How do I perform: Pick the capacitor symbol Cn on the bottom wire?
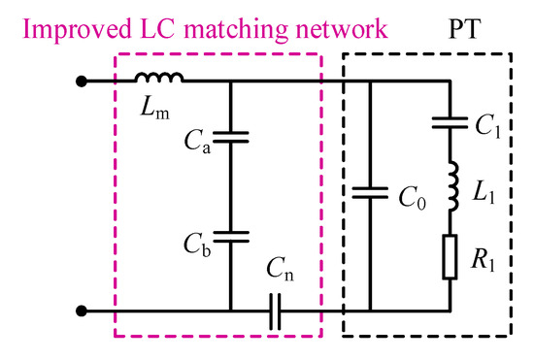[x=276, y=311]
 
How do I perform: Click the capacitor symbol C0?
[x=370, y=193]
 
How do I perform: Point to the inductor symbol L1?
[x=450, y=189]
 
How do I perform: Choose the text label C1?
[x=483, y=125]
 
